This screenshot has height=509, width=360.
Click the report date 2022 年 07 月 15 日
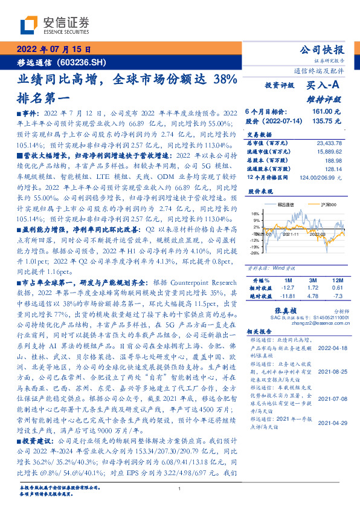click(x=53, y=50)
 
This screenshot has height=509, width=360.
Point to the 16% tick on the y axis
click(x=256, y=213)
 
